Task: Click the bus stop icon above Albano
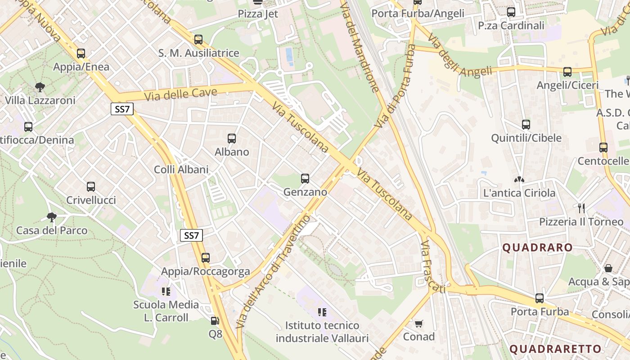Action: point(232,139)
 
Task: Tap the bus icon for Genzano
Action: point(305,179)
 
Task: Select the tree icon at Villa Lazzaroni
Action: point(40,87)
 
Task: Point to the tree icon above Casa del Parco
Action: point(52,217)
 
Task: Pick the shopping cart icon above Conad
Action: point(419,324)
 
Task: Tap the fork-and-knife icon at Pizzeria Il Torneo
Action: point(581,208)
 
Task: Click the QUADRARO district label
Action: point(537,247)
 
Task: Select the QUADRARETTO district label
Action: point(555,349)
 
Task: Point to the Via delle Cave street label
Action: point(180,94)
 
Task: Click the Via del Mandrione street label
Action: point(360,45)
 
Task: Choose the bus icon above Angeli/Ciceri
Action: point(567,72)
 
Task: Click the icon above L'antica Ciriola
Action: point(519,180)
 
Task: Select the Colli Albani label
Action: point(181,170)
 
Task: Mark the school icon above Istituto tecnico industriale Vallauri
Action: point(322,312)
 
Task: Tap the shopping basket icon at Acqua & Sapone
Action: point(608,269)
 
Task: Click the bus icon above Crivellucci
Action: point(91,187)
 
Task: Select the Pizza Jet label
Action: point(258,14)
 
